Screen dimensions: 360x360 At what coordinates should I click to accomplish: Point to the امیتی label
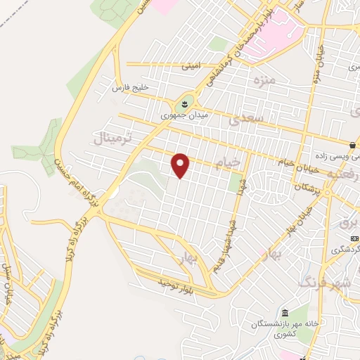(191, 67)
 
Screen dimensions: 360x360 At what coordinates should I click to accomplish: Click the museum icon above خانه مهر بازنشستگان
(285, 312)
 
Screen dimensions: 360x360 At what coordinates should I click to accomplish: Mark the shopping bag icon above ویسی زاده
(351, 145)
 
